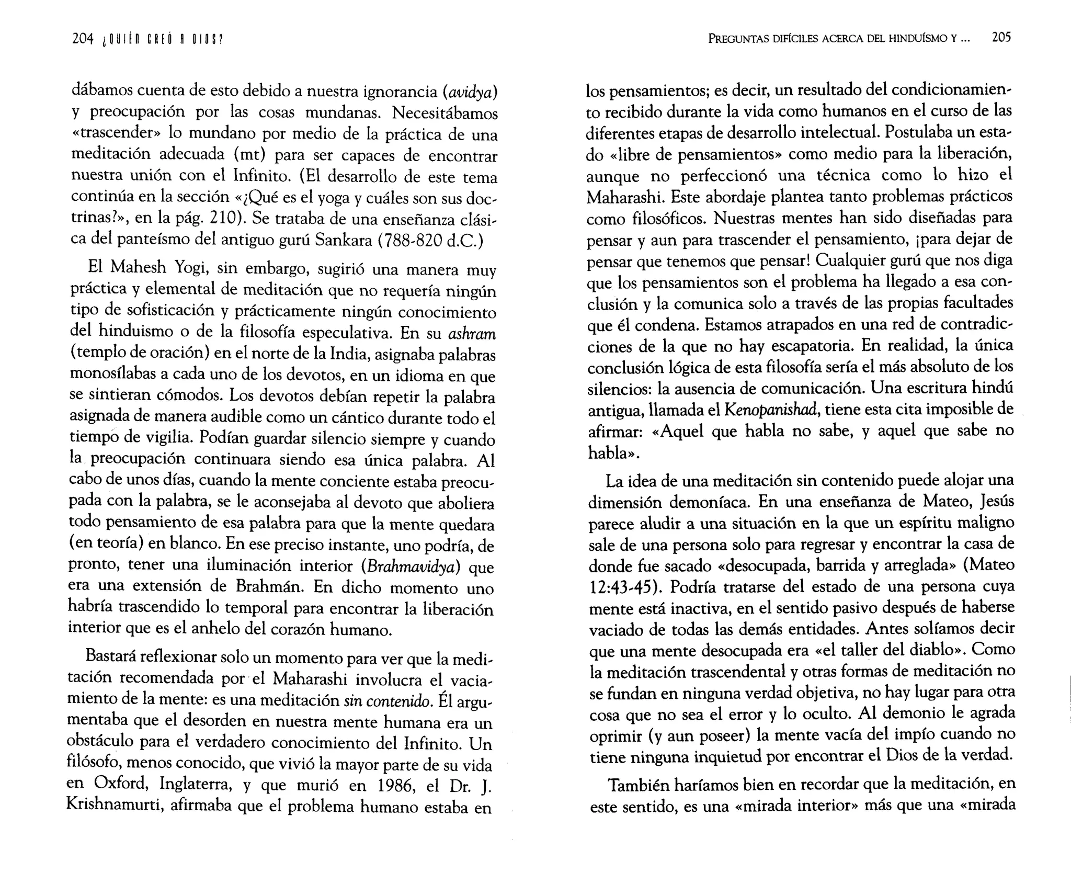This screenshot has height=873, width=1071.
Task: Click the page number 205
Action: coord(1001,38)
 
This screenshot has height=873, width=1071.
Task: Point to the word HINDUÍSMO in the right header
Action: coord(919,39)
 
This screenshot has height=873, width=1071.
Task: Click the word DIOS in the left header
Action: coord(206,40)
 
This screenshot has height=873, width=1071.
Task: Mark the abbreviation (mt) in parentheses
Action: coord(250,156)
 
